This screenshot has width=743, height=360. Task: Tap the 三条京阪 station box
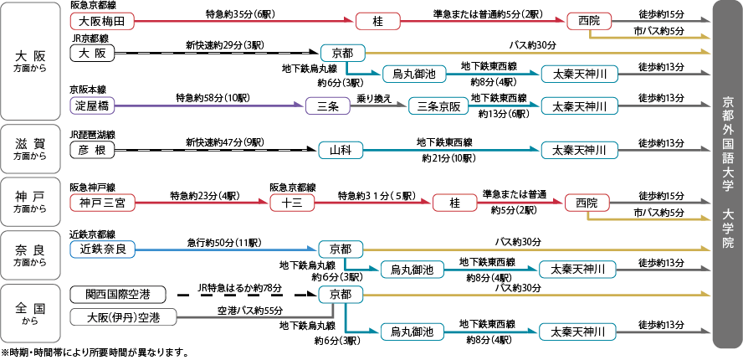[439, 106]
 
